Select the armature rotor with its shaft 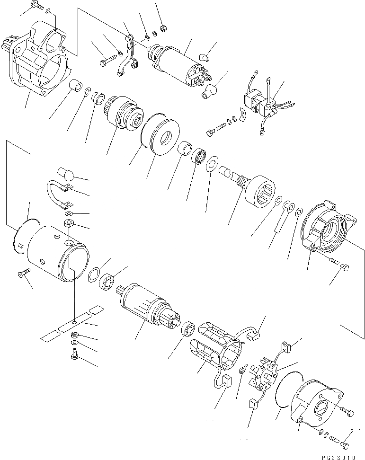point(147,307)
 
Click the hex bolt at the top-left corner point(37,6)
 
